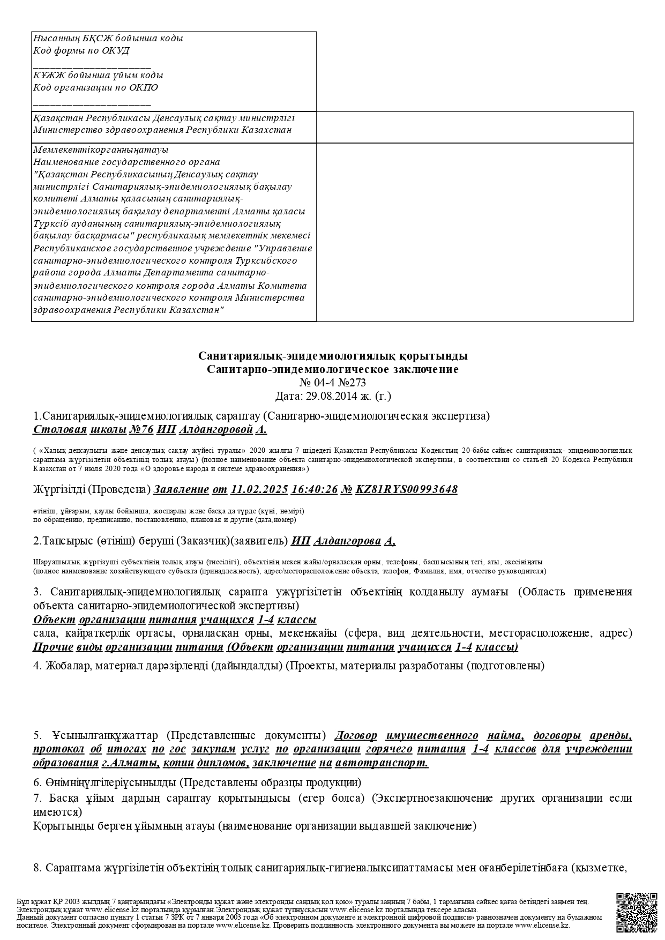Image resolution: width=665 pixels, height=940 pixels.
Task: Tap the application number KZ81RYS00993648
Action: tap(406, 489)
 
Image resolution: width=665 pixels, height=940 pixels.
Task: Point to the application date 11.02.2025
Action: tap(260, 489)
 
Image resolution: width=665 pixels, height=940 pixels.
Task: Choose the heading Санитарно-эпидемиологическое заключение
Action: tap(332, 369)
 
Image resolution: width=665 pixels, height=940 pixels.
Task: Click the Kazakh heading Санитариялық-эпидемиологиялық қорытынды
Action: tap(332, 356)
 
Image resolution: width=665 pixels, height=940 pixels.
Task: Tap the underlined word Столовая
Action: tap(60, 430)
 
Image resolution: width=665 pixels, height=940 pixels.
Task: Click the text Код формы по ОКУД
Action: tap(81, 51)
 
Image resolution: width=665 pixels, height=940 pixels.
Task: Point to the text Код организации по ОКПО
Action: tap(95, 87)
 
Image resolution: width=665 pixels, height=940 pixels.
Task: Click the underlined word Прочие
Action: tap(53, 647)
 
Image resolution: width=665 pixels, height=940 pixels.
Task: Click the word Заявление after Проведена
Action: tap(181, 489)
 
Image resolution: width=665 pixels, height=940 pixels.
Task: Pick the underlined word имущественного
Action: tap(432, 735)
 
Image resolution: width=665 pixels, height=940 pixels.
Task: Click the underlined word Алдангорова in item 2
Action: tap(346, 541)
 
